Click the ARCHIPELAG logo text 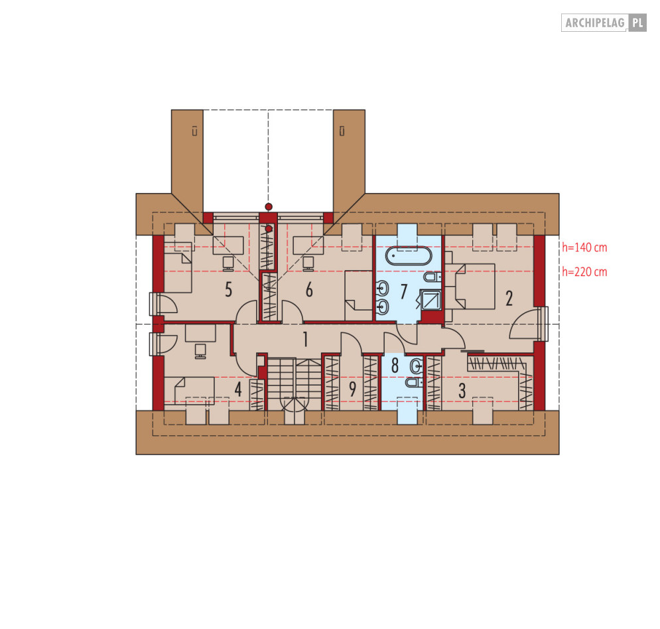(594, 23)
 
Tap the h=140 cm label (584, 247)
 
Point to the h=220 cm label (584, 272)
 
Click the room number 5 (228, 290)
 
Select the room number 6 (309, 290)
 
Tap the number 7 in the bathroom (404, 291)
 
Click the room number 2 (509, 298)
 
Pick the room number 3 (462, 391)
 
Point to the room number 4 (238, 389)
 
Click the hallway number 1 (306, 339)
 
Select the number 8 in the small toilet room (395, 366)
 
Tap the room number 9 (353, 389)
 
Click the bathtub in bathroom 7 (409, 255)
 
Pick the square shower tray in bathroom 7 (431, 300)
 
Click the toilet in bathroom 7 (432, 277)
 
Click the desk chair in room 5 (228, 263)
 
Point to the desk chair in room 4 (200, 351)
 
